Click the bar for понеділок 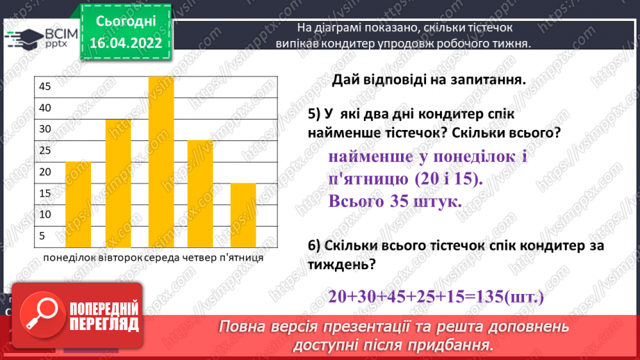(78, 204)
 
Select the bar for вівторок (118, 183)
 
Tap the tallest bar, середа (161, 161)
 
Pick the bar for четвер (200, 193)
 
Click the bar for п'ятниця (243, 215)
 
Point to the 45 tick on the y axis (44, 86)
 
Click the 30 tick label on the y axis (44, 129)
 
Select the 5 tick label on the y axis (42, 236)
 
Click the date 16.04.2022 (125, 43)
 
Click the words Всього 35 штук (395, 202)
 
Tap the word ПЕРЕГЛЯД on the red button (104, 325)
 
